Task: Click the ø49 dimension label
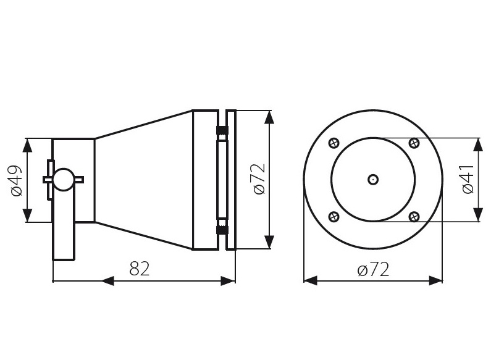(17, 180)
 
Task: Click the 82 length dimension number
(140, 268)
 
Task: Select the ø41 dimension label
(468, 179)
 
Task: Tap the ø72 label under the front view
(373, 269)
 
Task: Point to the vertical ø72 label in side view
(259, 179)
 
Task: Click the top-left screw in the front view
(334, 143)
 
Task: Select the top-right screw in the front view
(414, 143)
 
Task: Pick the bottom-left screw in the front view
(334, 216)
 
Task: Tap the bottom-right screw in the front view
(414, 216)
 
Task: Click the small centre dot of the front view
(373, 180)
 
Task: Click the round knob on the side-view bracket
(64, 179)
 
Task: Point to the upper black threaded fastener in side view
(222, 130)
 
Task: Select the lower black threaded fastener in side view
(222, 230)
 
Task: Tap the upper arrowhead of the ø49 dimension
(28, 145)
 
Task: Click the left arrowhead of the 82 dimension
(107, 281)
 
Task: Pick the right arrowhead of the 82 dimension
(229, 281)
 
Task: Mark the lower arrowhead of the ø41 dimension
(478, 214)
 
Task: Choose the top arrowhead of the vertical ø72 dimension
(269, 117)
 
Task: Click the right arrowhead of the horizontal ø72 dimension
(435, 280)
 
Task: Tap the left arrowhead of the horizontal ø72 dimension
(311, 280)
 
